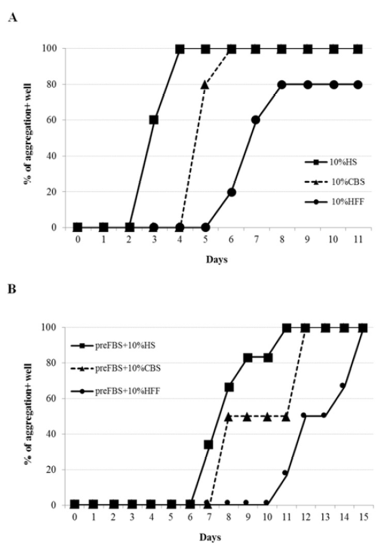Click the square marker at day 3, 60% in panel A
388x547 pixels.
coord(154,120)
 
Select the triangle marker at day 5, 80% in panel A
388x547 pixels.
coord(205,85)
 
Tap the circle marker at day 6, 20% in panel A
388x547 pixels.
coord(231,192)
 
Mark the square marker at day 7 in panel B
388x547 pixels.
coord(208,444)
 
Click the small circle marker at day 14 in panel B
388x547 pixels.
coord(342,386)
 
